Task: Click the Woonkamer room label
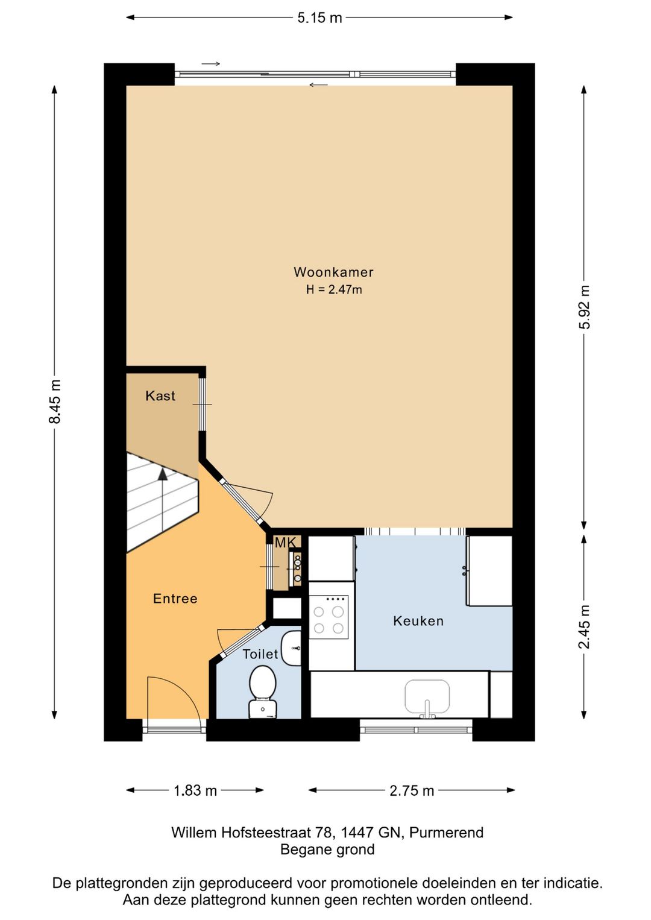[x=333, y=272]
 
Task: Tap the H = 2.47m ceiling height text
[x=333, y=289]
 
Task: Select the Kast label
[x=160, y=395]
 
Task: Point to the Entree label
[x=175, y=599]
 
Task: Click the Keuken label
[x=418, y=620]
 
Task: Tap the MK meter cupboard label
[x=285, y=543]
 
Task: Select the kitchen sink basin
[x=427, y=696]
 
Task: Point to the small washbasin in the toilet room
[x=291, y=648]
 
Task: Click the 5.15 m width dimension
[x=319, y=17]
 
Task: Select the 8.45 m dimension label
[x=55, y=402]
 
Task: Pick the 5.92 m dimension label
[x=584, y=307]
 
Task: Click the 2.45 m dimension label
[x=584, y=626]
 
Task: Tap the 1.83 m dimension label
[x=195, y=790]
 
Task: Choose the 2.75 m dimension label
[x=412, y=790]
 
